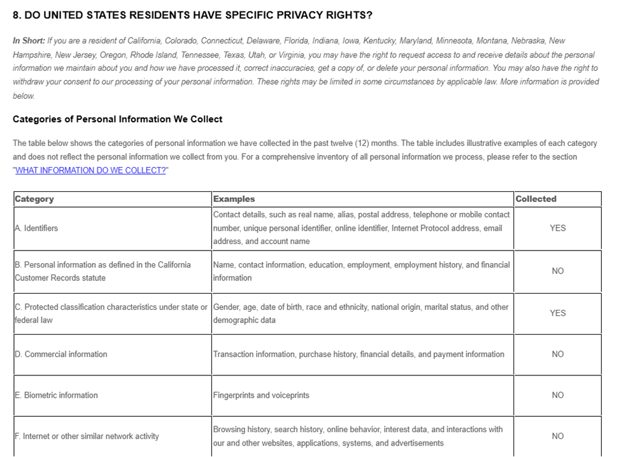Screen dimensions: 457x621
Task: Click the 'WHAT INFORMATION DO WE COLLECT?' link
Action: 90,170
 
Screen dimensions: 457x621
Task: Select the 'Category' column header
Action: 34,199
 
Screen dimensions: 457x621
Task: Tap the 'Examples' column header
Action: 234,199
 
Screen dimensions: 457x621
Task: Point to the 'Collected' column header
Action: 536,199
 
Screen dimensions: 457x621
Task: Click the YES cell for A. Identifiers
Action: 557,228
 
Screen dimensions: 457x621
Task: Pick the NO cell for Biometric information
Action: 557,395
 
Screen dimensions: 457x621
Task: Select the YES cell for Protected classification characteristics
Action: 557,313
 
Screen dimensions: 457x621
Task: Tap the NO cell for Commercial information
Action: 557,354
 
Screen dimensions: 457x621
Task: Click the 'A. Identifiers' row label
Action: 36,228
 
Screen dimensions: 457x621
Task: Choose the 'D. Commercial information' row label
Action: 61,354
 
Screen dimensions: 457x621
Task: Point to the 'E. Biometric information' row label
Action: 56,395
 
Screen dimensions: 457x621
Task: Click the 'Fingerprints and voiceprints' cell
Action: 261,395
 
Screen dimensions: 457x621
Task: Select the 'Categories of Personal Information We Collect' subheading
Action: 117,119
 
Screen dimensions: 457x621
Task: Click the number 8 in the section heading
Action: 16,15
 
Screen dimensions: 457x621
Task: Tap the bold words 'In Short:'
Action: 29,41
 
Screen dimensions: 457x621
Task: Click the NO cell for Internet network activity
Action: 557,436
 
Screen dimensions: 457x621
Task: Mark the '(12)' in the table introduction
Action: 353,143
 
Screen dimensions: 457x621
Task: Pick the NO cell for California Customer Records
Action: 557,271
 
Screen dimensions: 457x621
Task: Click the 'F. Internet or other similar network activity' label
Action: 87,436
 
